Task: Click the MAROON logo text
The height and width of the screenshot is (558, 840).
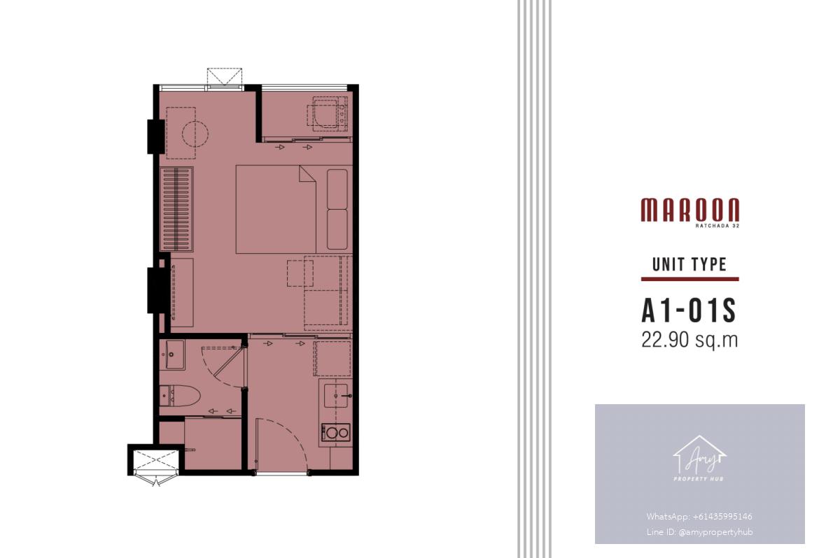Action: pos(690,210)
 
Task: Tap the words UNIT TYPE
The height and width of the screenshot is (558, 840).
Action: pos(689,264)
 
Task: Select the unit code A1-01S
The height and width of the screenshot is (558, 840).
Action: pos(689,310)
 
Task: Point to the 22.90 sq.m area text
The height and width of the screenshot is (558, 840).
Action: pos(689,340)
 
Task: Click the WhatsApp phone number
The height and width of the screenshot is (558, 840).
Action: pos(699,517)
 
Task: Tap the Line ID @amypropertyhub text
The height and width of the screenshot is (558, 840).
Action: pos(699,532)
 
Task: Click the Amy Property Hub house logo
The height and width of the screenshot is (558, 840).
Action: pos(700,457)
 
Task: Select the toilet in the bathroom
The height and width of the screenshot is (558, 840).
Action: pos(180,396)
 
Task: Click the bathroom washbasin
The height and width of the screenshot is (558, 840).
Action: pos(172,355)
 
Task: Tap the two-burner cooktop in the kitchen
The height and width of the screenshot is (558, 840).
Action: pos(336,433)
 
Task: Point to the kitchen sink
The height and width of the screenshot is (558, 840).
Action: pos(336,396)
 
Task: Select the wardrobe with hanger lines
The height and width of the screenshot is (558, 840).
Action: pos(176,209)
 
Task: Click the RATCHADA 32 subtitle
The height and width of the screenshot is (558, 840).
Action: pos(717,226)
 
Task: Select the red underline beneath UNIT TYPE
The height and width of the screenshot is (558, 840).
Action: pos(690,279)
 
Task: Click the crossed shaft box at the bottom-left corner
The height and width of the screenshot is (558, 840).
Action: pos(156,459)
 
